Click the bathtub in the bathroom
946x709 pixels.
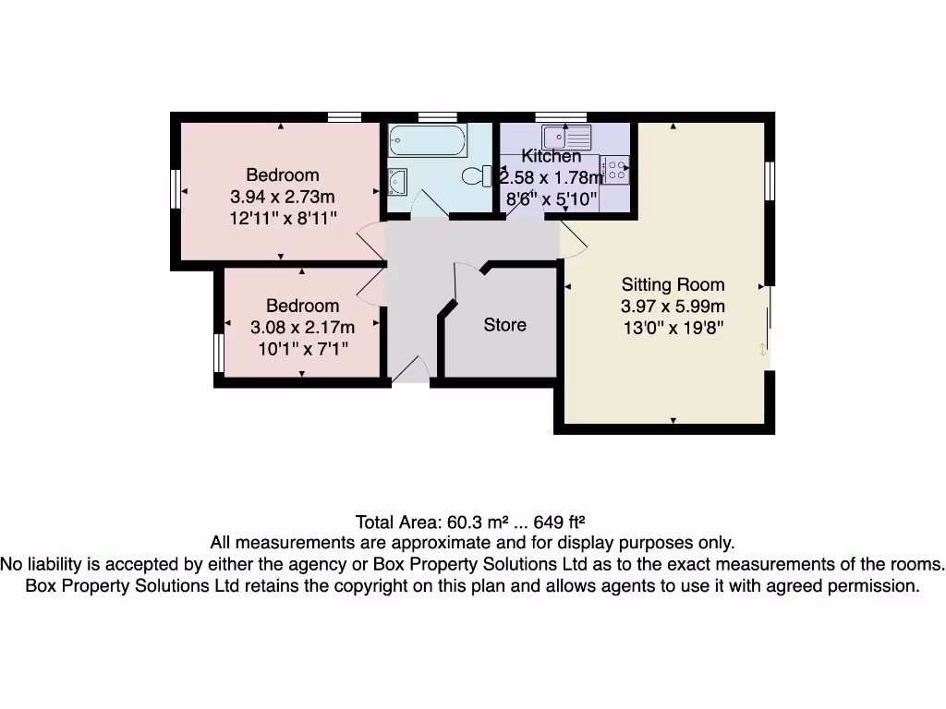click(428, 141)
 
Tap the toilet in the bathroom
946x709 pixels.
click(476, 175)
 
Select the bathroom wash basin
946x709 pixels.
click(398, 182)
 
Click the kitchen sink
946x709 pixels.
click(566, 137)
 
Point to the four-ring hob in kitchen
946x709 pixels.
click(615, 169)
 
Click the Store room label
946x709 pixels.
click(505, 325)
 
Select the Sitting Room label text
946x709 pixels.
click(673, 284)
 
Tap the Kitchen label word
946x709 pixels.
click(552, 156)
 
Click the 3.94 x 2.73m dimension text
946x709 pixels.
click(282, 197)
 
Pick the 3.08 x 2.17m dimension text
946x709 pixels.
click(302, 328)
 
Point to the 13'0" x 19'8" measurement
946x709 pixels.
click(673, 329)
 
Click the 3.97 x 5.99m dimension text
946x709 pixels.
click(673, 306)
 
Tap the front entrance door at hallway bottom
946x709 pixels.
click(409, 371)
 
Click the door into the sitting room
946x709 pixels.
click(574, 238)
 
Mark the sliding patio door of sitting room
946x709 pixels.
click(769, 323)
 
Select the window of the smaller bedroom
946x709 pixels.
click(218, 353)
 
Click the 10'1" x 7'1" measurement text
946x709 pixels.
click(302, 349)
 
